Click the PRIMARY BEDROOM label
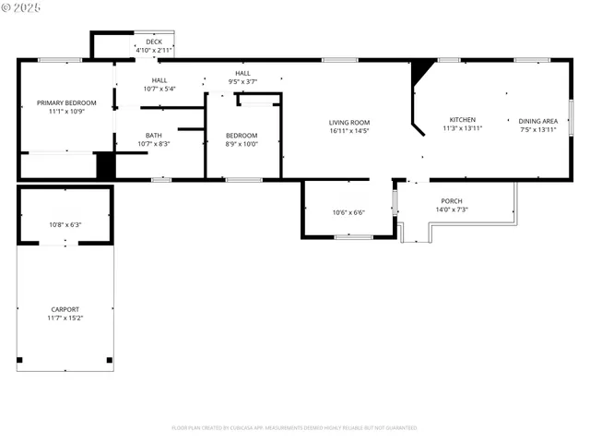(x=66, y=102)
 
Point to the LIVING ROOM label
(x=349, y=123)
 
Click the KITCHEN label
(x=462, y=120)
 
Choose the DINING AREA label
(x=537, y=121)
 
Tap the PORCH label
(x=452, y=201)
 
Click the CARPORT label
(x=65, y=309)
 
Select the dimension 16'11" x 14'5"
(x=349, y=131)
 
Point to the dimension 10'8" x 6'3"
(x=65, y=224)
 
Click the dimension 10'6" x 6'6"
(x=348, y=213)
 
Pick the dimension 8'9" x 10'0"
(x=242, y=144)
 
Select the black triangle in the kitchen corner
(x=421, y=70)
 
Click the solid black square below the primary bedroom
(x=106, y=166)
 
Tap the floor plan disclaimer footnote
(x=295, y=427)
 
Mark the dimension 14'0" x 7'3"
(x=452, y=210)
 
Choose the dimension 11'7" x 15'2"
(x=65, y=317)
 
